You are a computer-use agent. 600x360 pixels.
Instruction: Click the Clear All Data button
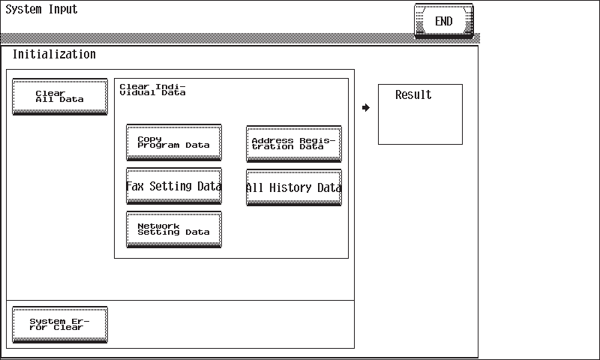[x=60, y=97]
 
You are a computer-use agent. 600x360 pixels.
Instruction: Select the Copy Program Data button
[x=174, y=142]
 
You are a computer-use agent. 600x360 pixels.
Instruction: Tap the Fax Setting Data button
[x=174, y=186]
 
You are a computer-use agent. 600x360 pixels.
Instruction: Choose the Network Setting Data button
[x=174, y=229]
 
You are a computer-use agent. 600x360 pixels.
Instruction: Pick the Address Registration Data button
[x=294, y=144]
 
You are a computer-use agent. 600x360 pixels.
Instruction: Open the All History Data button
[x=294, y=187]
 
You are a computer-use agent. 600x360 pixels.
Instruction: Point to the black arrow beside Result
[x=366, y=107]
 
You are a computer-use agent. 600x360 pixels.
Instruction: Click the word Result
[x=413, y=94]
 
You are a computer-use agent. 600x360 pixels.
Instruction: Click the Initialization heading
[x=54, y=54]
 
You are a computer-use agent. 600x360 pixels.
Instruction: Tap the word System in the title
[x=23, y=9]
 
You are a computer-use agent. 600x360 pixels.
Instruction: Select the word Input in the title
[x=63, y=9]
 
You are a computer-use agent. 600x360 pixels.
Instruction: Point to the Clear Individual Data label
[x=152, y=89]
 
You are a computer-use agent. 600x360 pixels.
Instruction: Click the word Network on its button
[x=158, y=226]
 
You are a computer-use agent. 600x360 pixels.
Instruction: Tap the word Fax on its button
[x=135, y=186]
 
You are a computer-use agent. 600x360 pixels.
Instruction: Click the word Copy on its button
[x=149, y=139]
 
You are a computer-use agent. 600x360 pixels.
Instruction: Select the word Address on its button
[x=272, y=141]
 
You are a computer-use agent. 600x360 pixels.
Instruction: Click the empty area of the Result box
[x=420, y=122]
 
